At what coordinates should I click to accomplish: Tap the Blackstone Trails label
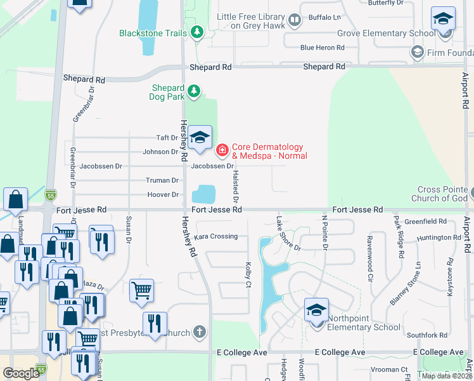tap(153, 33)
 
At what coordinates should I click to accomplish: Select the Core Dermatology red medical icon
tap(222, 150)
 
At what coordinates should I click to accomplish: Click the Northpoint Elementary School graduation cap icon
tap(316, 310)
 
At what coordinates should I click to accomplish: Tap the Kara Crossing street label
tap(215, 236)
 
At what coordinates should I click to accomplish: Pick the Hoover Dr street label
tap(163, 195)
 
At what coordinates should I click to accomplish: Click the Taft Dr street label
tap(167, 138)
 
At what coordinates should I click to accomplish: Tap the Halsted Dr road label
tap(236, 182)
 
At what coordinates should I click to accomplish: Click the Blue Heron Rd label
tap(322, 48)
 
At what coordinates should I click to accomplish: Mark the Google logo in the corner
tap(21, 373)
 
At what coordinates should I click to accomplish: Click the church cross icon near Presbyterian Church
tap(200, 331)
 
